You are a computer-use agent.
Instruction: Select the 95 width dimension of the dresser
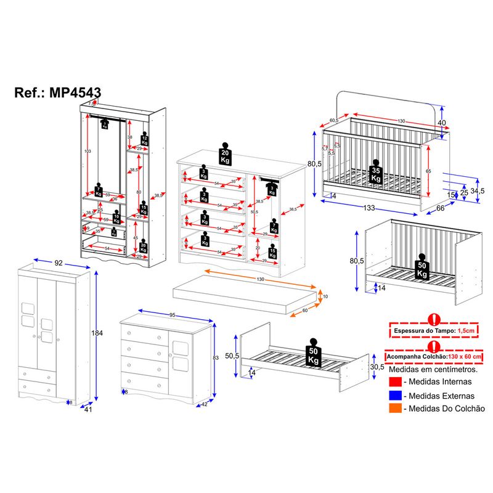coord(172,315)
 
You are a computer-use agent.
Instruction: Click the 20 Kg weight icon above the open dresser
coord(226,155)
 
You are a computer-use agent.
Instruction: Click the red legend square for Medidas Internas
coord(394,383)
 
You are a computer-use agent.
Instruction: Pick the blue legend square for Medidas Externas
coord(394,396)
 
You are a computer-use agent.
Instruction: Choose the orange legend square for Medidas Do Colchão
coord(394,409)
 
